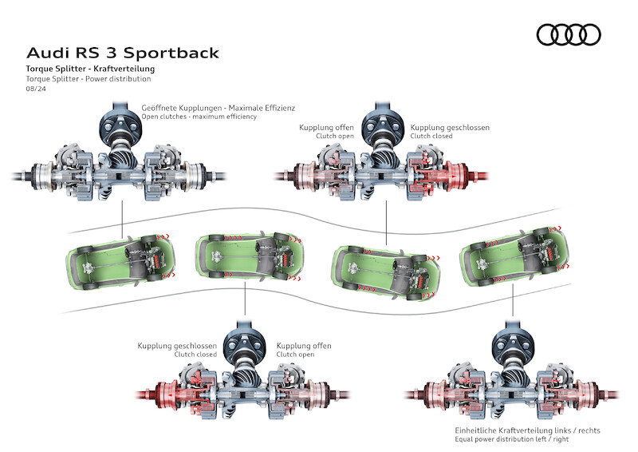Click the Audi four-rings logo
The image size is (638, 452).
pyautogui.click(x=569, y=34)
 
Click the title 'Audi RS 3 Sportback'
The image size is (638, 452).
pyautogui.click(x=122, y=53)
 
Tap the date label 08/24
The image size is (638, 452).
pyautogui.click(x=35, y=89)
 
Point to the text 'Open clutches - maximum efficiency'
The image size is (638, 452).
pyautogui.click(x=199, y=117)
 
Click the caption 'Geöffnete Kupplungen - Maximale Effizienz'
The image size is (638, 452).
pyautogui.click(x=218, y=107)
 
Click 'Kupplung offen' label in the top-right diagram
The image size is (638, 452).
pyautogui.click(x=325, y=127)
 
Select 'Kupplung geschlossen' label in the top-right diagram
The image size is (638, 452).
pyautogui.click(x=450, y=127)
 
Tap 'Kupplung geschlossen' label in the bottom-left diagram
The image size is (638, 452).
pyautogui.click(x=177, y=346)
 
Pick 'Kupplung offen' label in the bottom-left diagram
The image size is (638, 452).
pyautogui.click(x=303, y=346)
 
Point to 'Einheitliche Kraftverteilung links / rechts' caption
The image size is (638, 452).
pyautogui.click(x=522, y=430)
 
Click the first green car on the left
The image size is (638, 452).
pyautogui.click(x=120, y=258)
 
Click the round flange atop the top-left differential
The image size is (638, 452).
pyautogui.click(x=120, y=125)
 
